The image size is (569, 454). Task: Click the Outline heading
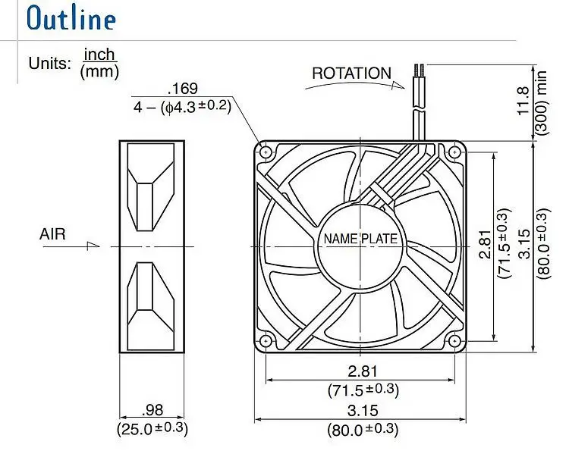point(71,18)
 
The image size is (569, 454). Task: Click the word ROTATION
point(351,74)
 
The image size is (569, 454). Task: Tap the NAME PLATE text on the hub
point(360,239)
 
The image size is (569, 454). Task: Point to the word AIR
point(52,234)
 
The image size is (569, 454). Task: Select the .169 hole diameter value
point(183,89)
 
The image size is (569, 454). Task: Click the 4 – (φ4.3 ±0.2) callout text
point(182,107)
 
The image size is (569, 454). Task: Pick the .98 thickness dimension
point(152,410)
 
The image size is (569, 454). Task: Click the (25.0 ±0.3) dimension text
point(152,429)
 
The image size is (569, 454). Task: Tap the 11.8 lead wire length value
point(523,101)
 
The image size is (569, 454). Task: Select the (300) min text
point(541,102)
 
